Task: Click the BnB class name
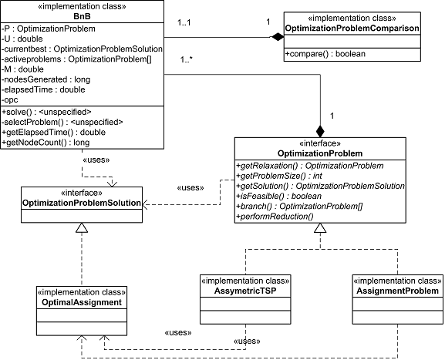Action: pyautogui.click(x=82, y=16)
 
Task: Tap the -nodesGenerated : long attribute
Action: pyautogui.click(x=46, y=79)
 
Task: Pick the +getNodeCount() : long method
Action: pyautogui.click(x=46, y=143)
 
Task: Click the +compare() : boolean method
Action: pyautogui.click(x=325, y=54)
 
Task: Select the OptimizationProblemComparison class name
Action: pyautogui.click(x=352, y=29)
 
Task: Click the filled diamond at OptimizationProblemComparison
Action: pyautogui.click(x=277, y=37)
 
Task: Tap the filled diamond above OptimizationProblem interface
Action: pyautogui.click(x=320, y=131)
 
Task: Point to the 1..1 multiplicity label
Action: pyautogui.click(x=184, y=22)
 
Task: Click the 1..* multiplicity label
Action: pyautogui.click(x=187, y=59)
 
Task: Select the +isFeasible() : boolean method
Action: pyautogui.click(x=279, y=197)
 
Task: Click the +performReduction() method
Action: pyautogui.click(x=275, y=217)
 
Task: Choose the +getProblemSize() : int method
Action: pyautogui.click(x=279, y=177)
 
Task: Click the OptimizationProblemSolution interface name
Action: pyautogui.click(x=82, y=203)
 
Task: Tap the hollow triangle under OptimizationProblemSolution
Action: pyautogui.click(x=82, y=227)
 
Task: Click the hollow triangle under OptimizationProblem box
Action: pyautogui.click(x=320, y=228)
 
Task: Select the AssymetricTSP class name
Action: pyautogui.click(x=245, y=291)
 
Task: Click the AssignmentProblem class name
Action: pyautogui.click(x=398, y=291)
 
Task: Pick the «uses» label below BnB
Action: pyautogui.click(x=96, y=160)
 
